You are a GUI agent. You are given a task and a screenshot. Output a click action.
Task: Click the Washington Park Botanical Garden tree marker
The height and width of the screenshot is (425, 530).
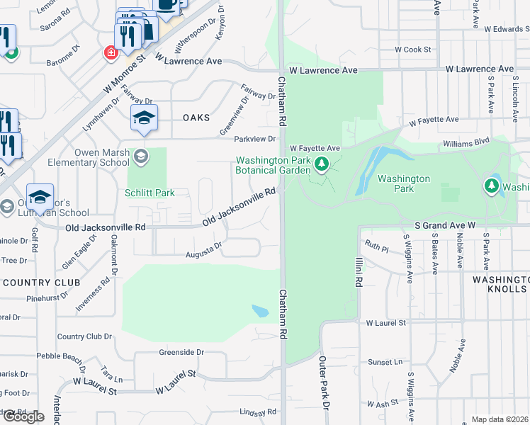click(x=322, y=165)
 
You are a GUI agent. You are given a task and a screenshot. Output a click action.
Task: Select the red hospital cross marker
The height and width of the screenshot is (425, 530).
click(x=111, y=52)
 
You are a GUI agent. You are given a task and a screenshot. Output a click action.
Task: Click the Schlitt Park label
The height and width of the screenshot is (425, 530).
click(x=150, y=193)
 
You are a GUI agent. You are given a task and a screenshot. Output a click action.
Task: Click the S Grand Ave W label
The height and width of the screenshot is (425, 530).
click(x=444, y=225)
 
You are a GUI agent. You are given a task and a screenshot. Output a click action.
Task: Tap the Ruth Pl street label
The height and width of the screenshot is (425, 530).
click(x=377, y=247)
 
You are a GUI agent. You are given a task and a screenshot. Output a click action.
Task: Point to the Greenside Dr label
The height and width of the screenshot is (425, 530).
click(x=181, y=351)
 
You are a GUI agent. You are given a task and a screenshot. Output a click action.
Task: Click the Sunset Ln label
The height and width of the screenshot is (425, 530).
click(x=385, y=362)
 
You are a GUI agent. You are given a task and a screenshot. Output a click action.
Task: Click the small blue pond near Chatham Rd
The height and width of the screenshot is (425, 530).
click(x=260, y=311)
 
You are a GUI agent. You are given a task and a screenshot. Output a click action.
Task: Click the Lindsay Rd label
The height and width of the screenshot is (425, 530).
click(x=257, y=412)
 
